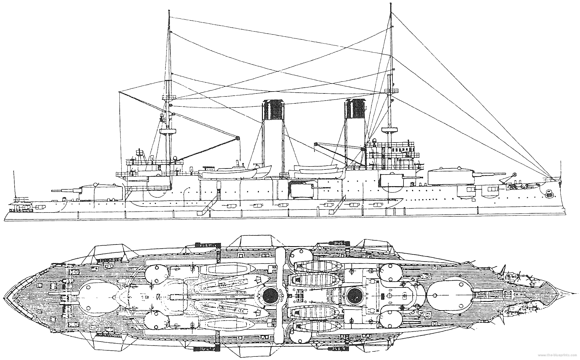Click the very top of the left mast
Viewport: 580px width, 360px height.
click(169, 11)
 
